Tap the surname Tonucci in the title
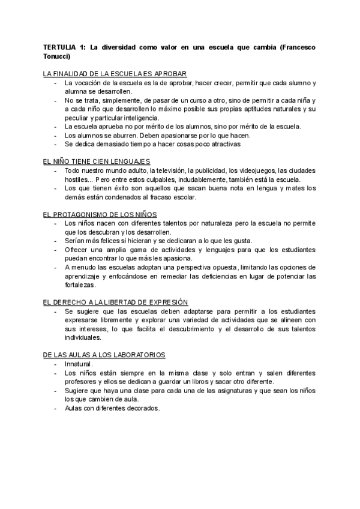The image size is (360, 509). [57, 56]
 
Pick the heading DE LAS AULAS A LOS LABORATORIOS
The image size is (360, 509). [105, 355]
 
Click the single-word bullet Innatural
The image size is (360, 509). [79, 364]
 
